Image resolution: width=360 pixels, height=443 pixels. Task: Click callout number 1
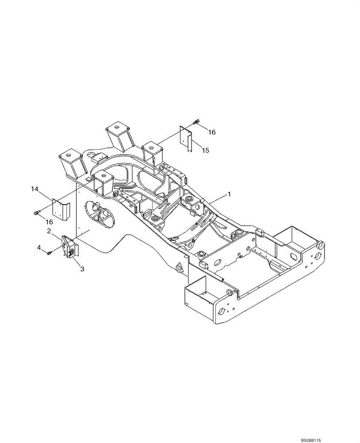click(x=229, y=194)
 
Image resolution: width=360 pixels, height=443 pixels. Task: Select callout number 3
click(x=82, y=268)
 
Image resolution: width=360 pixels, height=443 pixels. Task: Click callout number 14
click(x=35, y=189)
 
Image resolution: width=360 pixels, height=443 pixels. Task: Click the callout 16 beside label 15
click(x=211, y=132)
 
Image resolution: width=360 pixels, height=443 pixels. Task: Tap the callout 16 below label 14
click(x=49, y=221)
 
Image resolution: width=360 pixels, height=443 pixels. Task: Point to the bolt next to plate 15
click(x=196, y=122)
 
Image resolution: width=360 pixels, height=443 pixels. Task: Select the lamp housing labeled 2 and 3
click(x=69, y=249)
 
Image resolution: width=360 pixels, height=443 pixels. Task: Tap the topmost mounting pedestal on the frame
click(x=119, y=135)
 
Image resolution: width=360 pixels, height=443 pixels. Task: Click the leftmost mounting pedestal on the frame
click(x=71, y=164)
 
